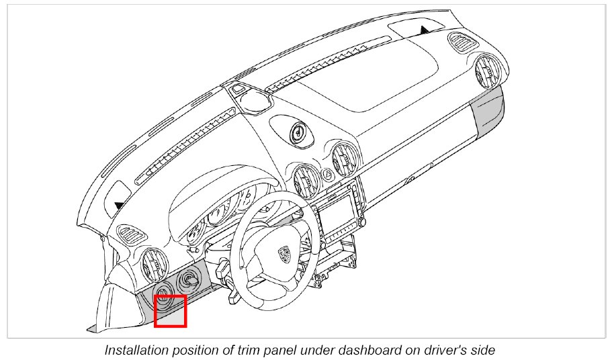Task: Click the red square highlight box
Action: (170, 311)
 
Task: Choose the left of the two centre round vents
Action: (306, 178)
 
